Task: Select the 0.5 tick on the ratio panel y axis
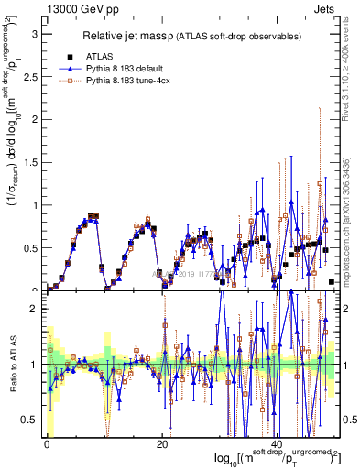[x=32, y=420]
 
